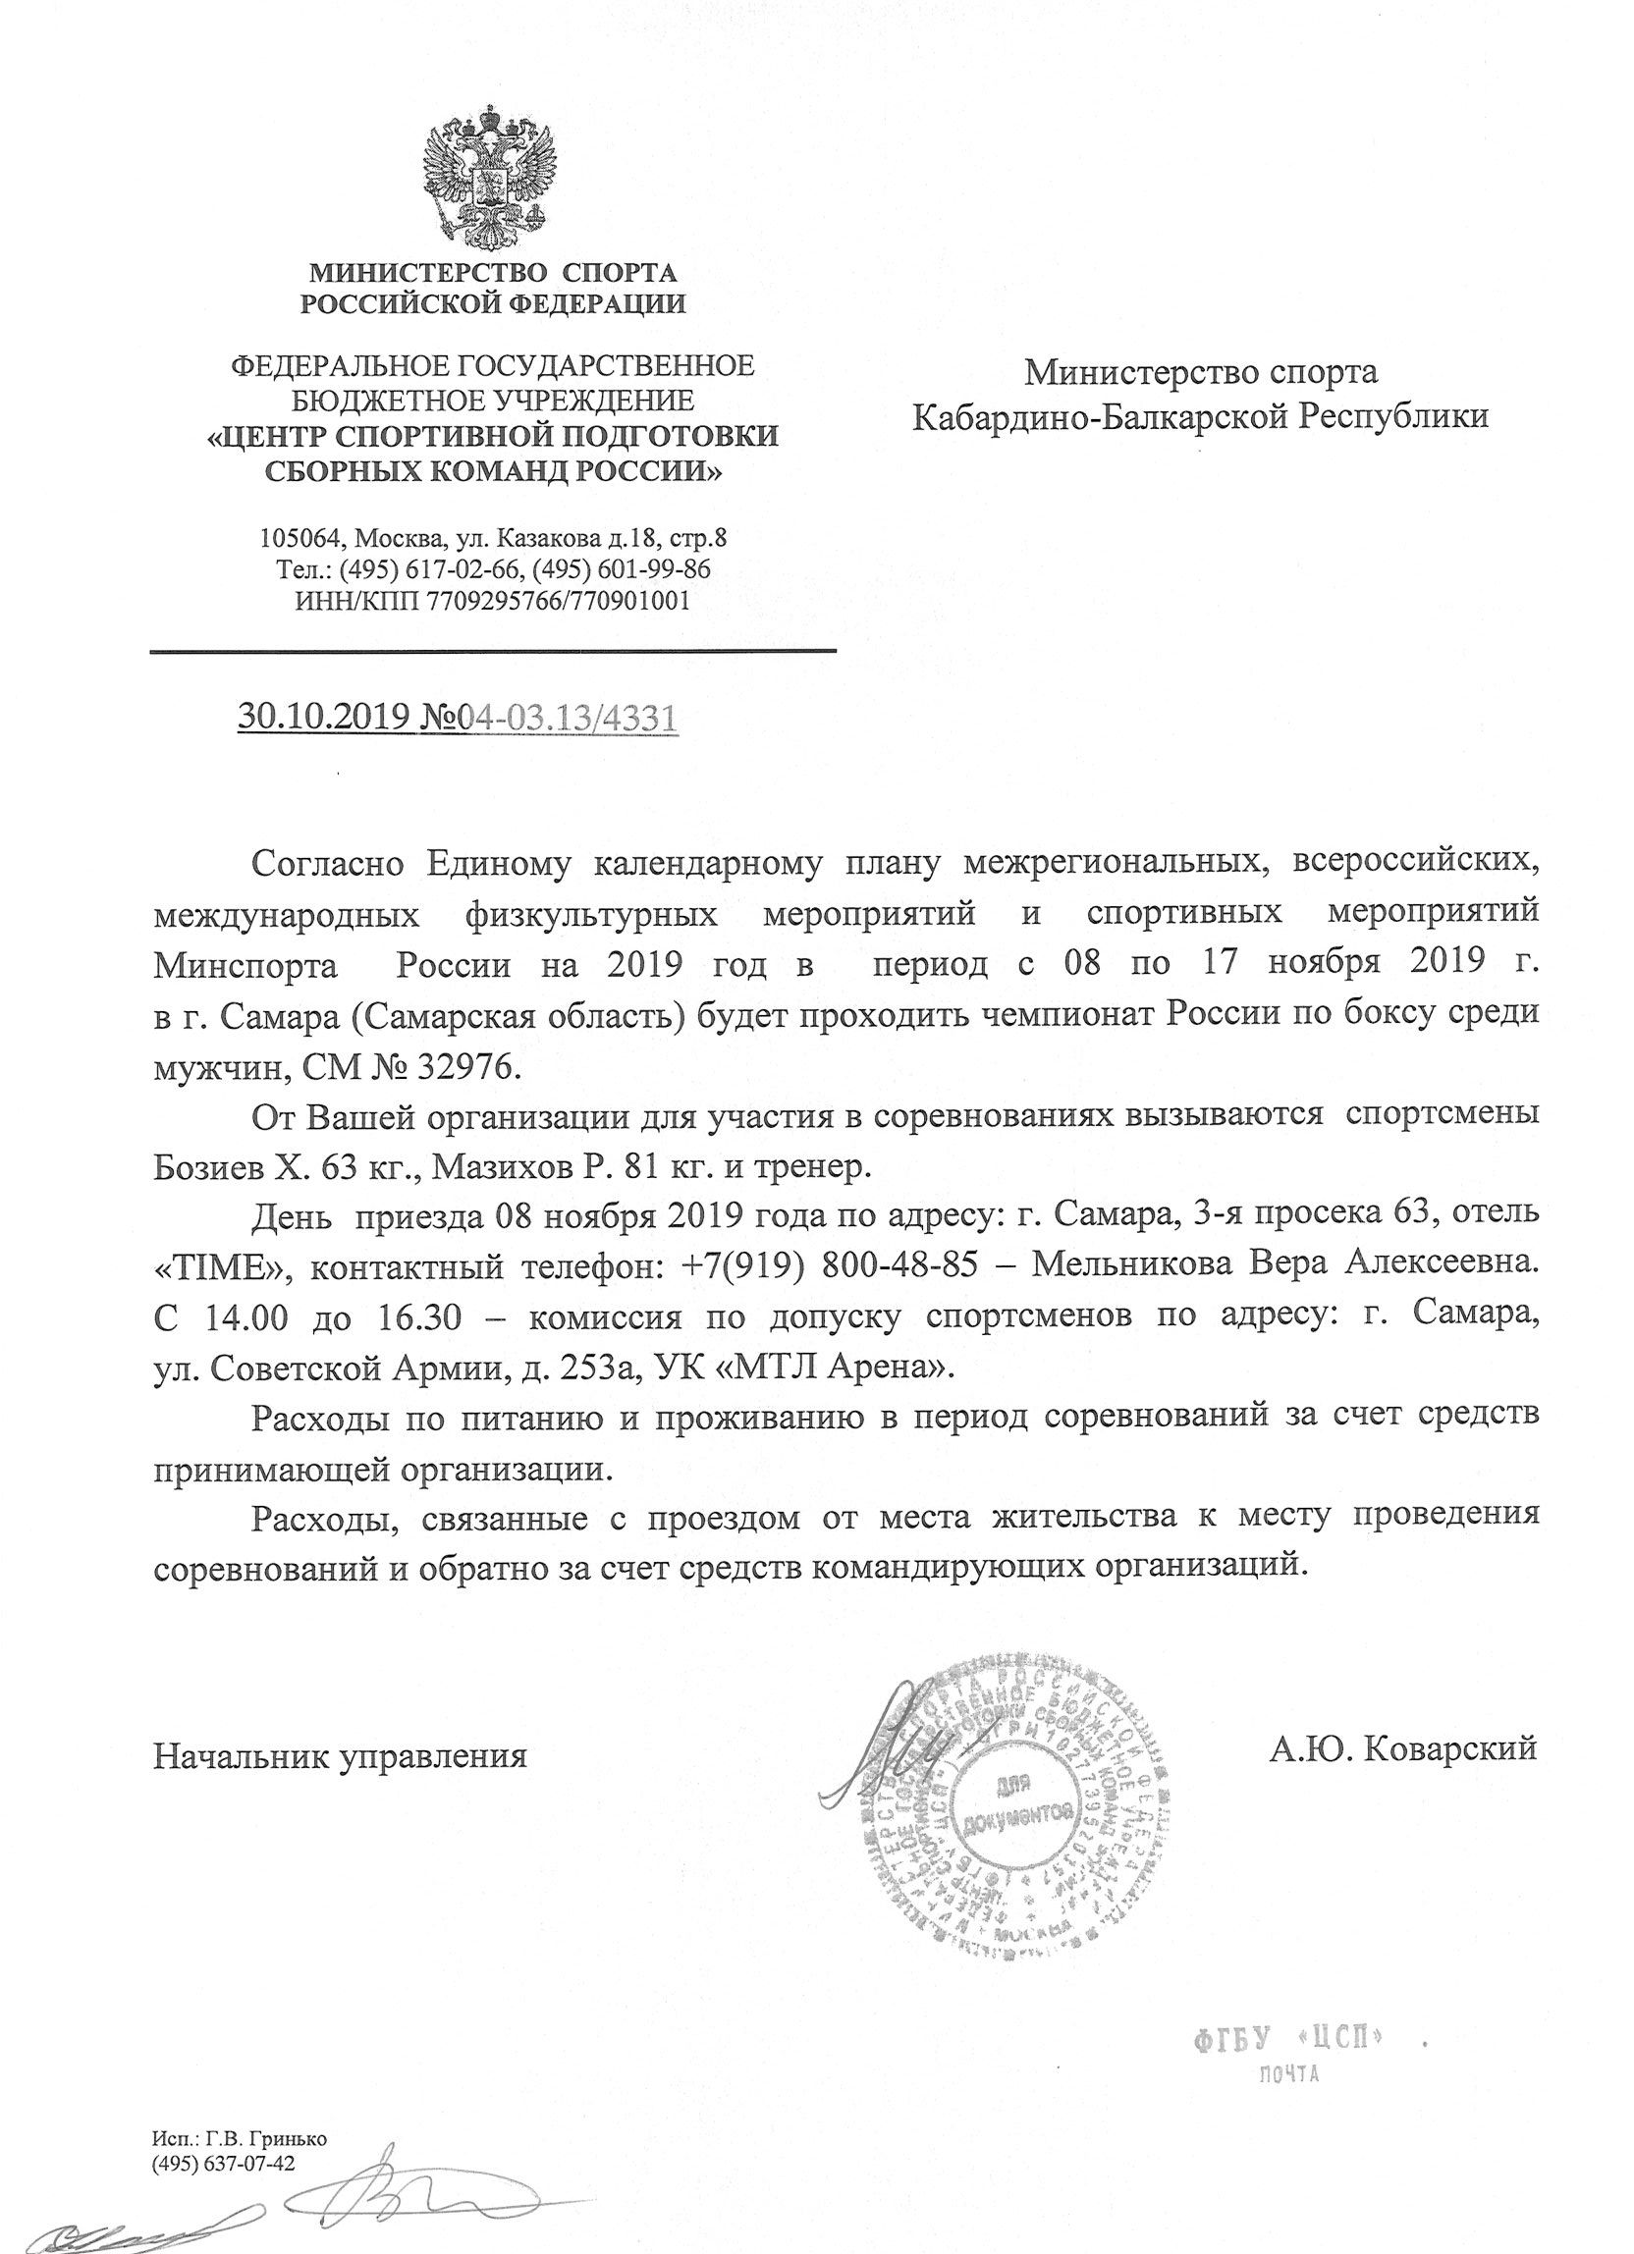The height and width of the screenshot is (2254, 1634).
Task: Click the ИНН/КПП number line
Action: [492, 600]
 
